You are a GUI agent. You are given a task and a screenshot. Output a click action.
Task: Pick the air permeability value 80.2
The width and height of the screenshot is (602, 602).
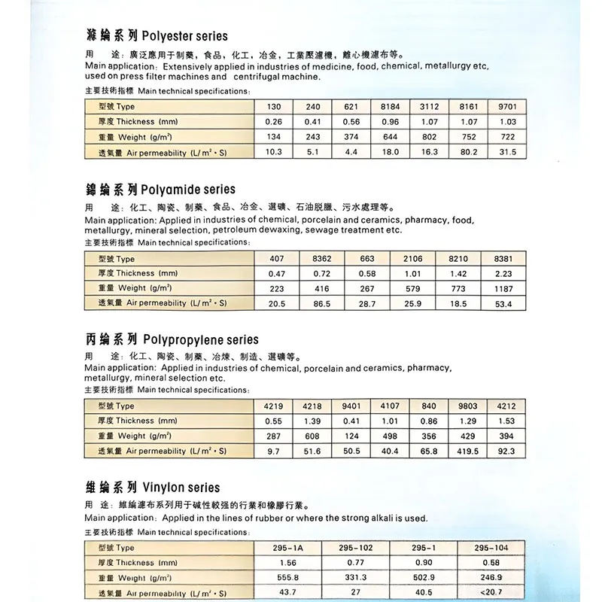[x=469, y=151]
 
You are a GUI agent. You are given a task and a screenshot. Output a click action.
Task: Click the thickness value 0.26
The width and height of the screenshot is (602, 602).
[x=273, y=121]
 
